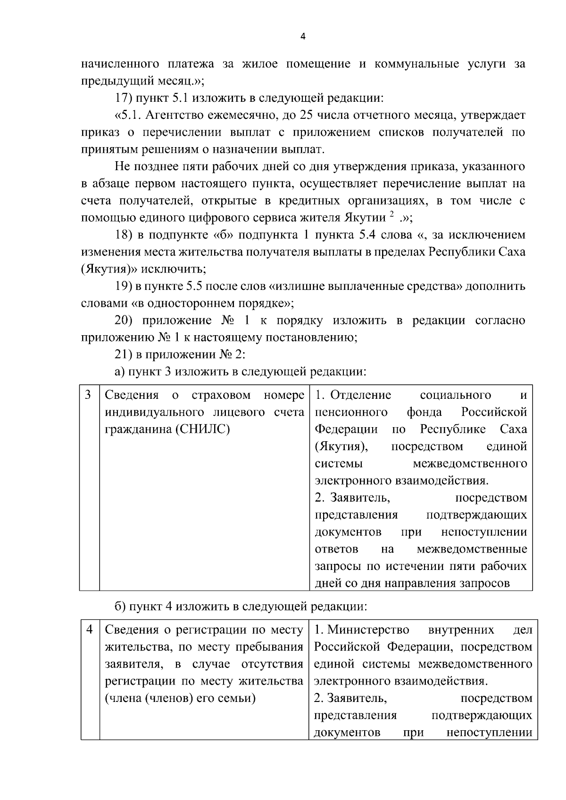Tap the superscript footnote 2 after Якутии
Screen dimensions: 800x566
tap(391, 215)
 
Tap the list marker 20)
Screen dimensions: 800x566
tap(125, 321)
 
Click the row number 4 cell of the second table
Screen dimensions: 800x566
tap(90, 629)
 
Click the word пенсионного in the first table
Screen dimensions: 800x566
tap(351, 412)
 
